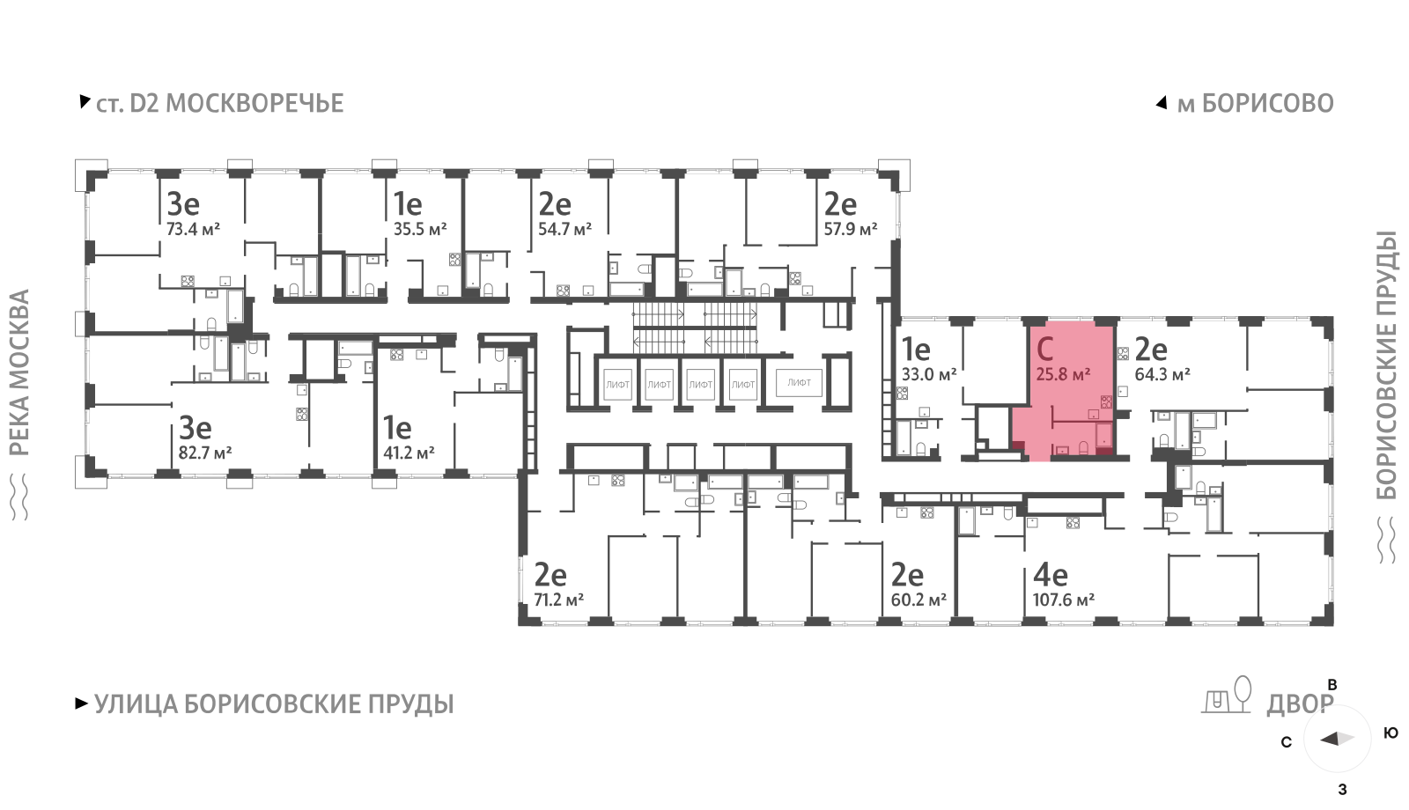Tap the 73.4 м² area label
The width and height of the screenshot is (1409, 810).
(193, 230)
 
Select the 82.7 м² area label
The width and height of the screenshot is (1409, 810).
(204, 453)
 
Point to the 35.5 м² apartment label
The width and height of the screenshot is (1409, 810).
(419, 230)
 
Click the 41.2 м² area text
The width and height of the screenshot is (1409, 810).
(409, 453)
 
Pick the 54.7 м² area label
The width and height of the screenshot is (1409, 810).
(564, 230)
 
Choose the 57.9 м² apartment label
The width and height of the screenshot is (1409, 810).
(850, 230)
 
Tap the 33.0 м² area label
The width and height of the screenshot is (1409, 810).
(928, 374)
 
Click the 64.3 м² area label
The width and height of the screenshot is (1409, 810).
(1162, 374)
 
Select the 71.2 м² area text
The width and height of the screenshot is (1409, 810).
(558, 600)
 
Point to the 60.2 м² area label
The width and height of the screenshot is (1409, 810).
(918, 600)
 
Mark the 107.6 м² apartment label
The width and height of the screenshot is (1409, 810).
(1063, 600)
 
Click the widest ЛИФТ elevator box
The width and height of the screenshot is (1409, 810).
(799, 383)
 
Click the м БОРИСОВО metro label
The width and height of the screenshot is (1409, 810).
(1255, 104)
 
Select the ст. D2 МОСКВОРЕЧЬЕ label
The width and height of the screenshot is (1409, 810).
(219, 104)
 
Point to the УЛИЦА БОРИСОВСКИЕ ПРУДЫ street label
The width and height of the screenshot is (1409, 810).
(273, 704)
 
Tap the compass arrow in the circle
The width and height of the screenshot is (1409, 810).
(1336, 739)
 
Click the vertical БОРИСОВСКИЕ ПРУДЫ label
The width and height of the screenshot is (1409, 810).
(1387, 364)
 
